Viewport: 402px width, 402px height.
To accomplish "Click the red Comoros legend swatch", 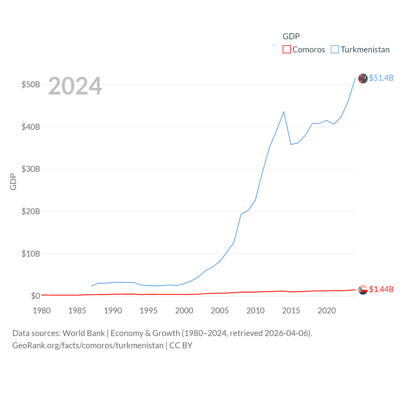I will pyautogui.click(x=286, y=50).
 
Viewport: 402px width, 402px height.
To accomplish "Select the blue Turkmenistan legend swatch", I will pyautogui.click(x=335, y=50).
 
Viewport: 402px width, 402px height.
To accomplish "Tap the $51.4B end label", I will pyautogui.click(x=381, y=78).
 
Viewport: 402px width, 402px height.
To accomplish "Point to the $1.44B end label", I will pyautogui.click(x=381, y=289).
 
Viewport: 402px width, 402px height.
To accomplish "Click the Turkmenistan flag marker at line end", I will pyautogui.click(x=363, y=79).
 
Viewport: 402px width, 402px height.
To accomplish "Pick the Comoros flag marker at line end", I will pyautogui.click(x=363, y=290).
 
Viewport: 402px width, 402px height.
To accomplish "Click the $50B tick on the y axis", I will pyautogui.click(x=31, y=85).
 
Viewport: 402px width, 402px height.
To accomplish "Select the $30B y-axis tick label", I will pyautogui.click(x=31, y=169).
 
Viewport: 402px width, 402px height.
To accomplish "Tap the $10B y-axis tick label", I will pyautogui.click(x=31, y=254).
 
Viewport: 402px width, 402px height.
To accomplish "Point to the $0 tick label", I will pyautogui.click(x=35, y=296).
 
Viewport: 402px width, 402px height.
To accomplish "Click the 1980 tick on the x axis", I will pyautogui.click(x=42, y=311).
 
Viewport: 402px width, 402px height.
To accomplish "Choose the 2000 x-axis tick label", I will pyautogui.click(x=184, y=311).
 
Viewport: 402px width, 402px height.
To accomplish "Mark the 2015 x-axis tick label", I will pyautogui.click(x=291, y=311).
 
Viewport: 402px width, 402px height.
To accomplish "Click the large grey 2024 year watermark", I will pyautogui.click(x=75, y=86).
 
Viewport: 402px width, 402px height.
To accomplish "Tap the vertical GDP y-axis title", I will pyautogui.click(x=13, y=182).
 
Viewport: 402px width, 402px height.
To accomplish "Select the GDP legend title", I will pyautogui.click(x=291, y=36).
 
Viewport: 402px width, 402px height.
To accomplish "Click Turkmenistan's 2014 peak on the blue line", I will pyautogui.click(x=284, y=112).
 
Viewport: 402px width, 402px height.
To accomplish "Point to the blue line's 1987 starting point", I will pyautogui.click(x=91, y=286).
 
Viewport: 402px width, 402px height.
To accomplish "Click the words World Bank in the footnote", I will pyautogui.click(x=84, y=333).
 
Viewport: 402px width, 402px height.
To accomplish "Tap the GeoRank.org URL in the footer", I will pyautogui.click(x=88, y=345).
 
